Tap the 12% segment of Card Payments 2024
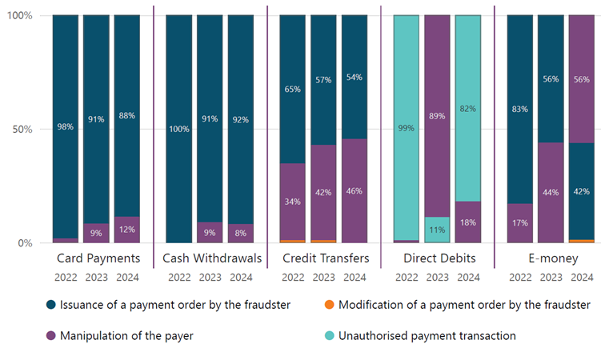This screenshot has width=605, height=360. point(126,230)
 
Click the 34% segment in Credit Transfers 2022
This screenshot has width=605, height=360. point(292,202)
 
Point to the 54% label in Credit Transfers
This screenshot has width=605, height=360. point(354,78)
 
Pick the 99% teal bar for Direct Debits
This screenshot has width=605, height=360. point(406,128)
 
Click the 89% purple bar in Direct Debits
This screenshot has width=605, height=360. point(437,116)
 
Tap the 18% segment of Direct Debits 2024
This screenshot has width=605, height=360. point(468,222)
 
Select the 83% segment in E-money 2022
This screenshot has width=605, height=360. point(519,110)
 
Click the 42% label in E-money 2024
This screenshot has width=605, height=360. point(581,191)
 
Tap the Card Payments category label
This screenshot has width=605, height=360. point(99,259)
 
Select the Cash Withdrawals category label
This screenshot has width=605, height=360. point(210,259)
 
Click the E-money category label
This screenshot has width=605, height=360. point(551,259)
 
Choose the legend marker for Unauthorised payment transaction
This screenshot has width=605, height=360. point(327,336)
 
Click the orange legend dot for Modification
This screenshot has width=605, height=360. point(327,305)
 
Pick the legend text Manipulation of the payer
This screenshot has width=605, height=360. point(126,336)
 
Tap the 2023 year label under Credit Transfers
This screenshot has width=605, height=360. point(323,278)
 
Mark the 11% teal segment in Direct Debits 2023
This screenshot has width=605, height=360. point(437,229)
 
